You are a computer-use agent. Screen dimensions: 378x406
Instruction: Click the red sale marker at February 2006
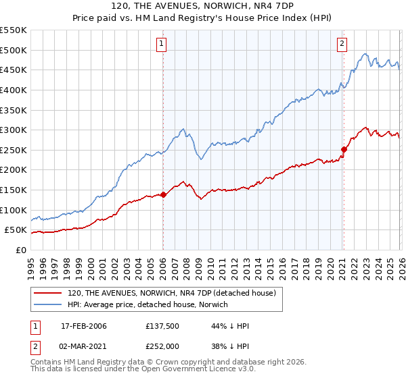pyautogui.click(x=163, y=195)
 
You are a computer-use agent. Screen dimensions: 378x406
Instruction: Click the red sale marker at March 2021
pyautogui.click(x=344, y=149)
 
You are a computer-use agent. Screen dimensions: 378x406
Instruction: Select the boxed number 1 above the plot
pyautogui.click(x=162, y=44)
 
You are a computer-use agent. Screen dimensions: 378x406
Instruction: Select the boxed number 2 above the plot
pyautogui.click(x=342, y=44)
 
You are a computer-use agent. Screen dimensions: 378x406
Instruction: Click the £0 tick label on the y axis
pyautogui.click(x=20, y=250)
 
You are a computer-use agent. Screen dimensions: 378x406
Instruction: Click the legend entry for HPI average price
pyautogui.click(x=148, y=305)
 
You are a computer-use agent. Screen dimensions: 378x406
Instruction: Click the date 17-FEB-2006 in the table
pyautogui.click(x=84, y=326)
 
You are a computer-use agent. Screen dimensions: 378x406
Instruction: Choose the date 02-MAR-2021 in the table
pyautogui.click(x=84, y=346)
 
